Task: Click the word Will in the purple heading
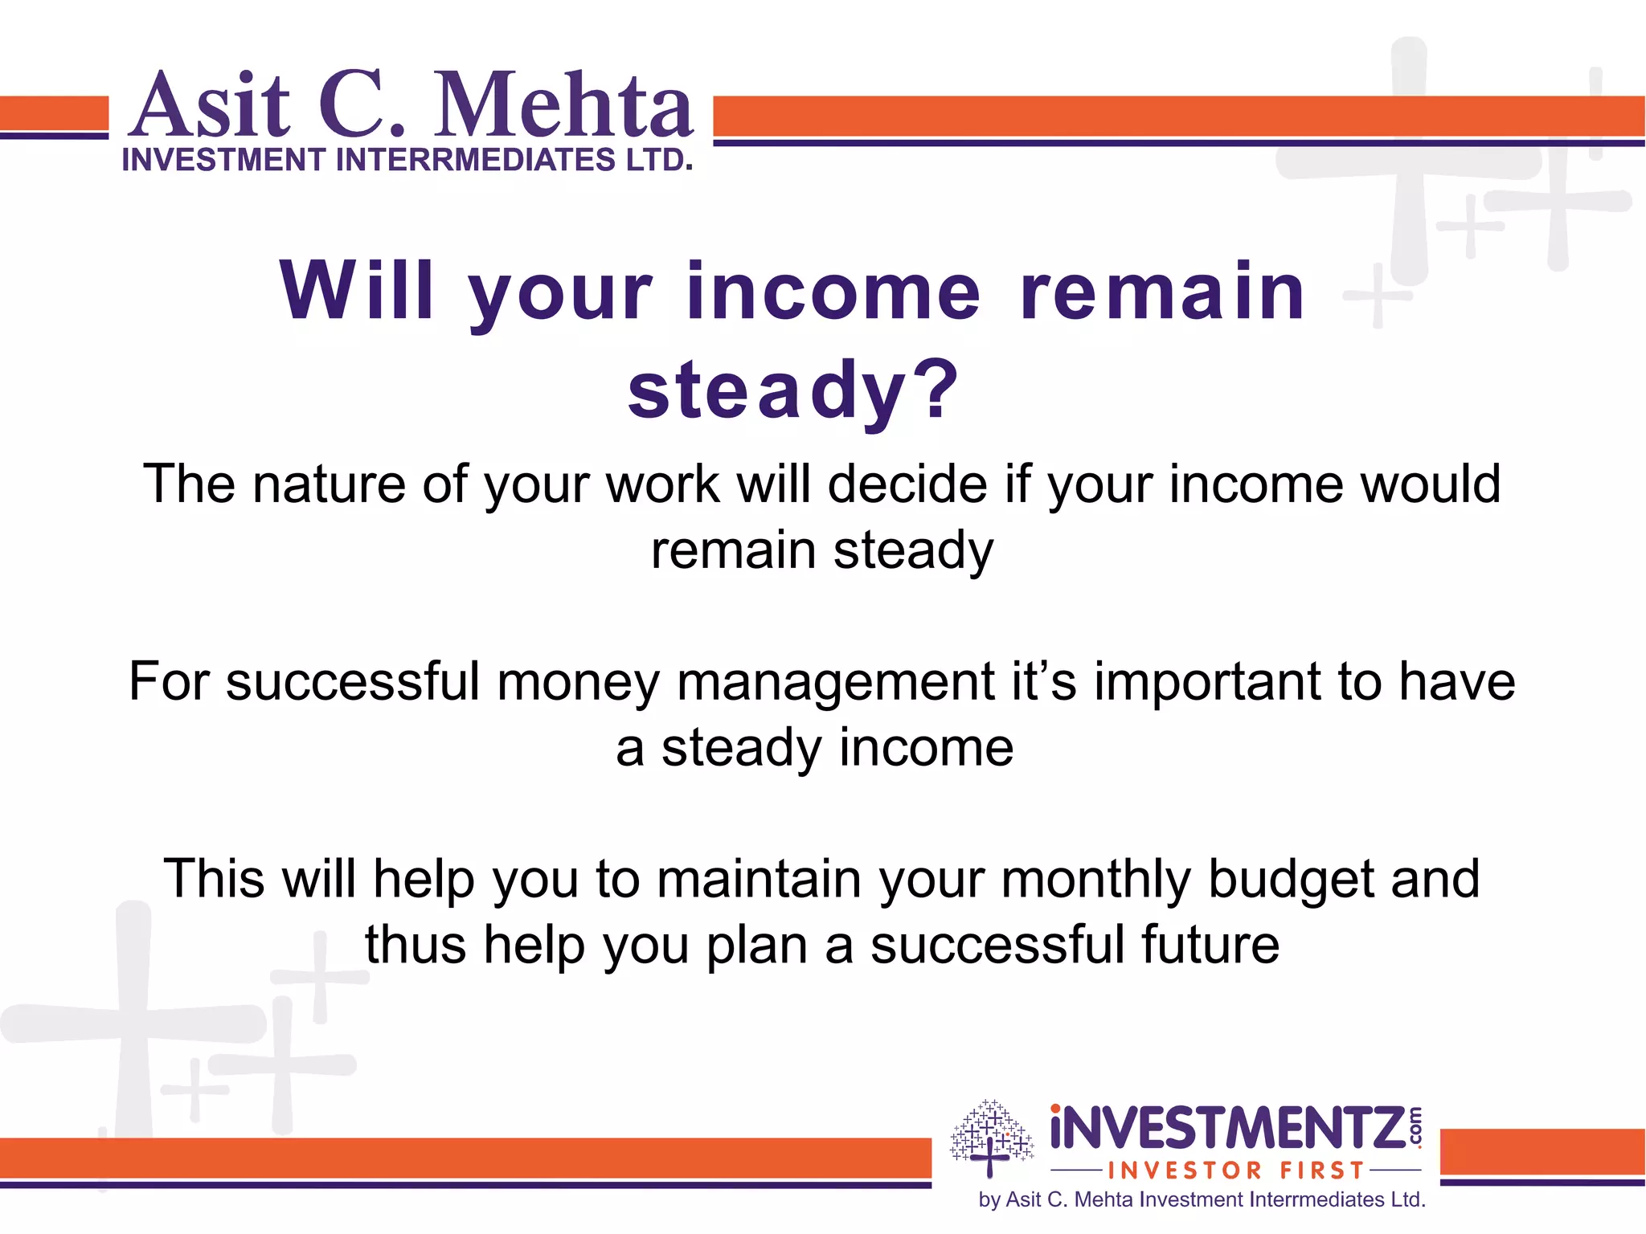click(358, 291)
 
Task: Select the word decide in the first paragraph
click(907, 484)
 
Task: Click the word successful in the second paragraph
click(353, 681)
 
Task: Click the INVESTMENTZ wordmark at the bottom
click(1228, 1129)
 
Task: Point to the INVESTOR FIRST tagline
click(1236, 1171)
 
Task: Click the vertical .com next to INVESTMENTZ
click(1415, 1127)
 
